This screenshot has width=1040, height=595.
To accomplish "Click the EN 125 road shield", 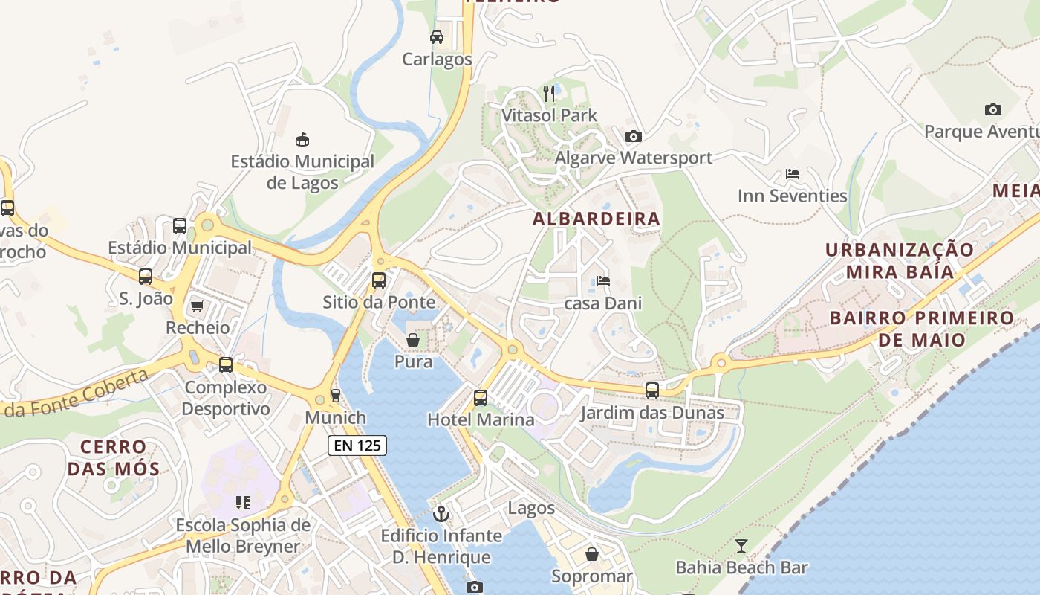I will coord(357,446).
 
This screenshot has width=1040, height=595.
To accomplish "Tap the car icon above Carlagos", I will coord(437,36).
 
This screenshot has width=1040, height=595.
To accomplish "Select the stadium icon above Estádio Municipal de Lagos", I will coord(302,139).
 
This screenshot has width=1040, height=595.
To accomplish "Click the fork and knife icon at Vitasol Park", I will coord(550,93).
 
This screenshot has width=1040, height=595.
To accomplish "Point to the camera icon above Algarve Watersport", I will coord(633,136).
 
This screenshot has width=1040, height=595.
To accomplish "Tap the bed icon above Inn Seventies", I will coord(793,174).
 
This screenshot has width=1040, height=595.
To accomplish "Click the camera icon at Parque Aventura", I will coord(992,110).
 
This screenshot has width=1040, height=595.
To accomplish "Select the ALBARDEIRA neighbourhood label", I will coord(597,219).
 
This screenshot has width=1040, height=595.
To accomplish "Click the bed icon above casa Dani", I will coord(603,281).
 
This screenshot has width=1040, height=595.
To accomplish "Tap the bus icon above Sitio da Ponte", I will coord(379,280).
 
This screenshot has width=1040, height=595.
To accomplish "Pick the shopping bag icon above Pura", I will coord(413,340).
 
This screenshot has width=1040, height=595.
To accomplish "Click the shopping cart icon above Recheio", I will coord(198,306).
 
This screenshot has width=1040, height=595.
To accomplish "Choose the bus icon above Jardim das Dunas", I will coord(652,390).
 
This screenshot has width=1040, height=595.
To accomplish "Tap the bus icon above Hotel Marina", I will coord(481,397).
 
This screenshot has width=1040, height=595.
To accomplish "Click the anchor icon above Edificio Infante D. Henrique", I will coord(442,514).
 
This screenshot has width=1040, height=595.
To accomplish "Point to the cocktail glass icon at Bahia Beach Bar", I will coord(741,546).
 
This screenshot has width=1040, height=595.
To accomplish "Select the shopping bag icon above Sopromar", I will coord(592,554).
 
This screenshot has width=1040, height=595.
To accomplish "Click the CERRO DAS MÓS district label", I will coord(114,457).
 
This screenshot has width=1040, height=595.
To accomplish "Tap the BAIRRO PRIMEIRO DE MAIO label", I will coord(921,329).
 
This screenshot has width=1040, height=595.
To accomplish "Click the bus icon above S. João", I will coord(146,277).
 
